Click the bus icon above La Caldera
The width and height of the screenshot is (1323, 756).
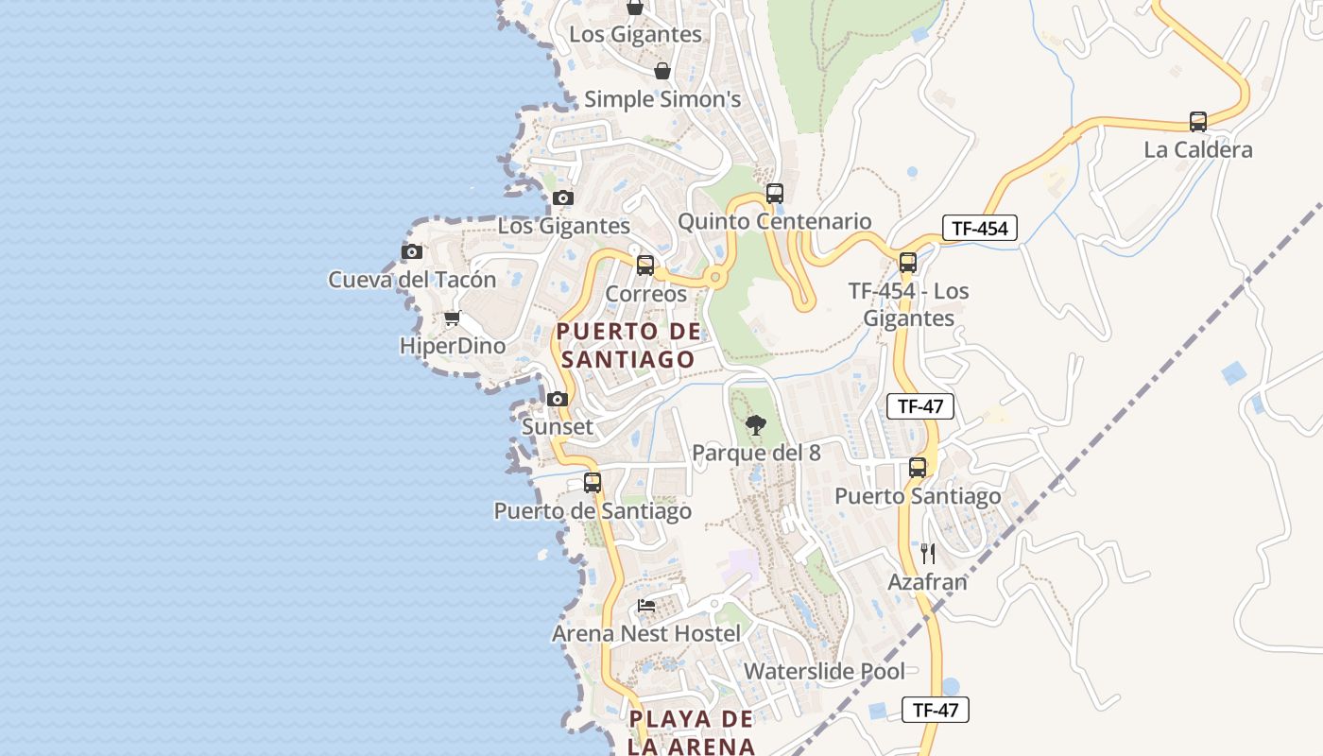1197,122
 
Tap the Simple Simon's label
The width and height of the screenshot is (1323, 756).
661,99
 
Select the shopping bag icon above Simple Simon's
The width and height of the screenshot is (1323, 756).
662,71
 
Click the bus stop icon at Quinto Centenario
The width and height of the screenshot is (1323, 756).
775,194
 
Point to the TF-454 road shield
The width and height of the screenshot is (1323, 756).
979,228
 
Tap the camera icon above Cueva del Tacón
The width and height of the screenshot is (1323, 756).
411,251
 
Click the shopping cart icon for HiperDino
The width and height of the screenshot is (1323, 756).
452,318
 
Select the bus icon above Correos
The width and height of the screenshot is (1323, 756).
645,266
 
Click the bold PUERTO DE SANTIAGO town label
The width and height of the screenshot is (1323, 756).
628,345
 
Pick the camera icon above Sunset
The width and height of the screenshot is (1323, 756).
558,399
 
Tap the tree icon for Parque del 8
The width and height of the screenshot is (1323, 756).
755,425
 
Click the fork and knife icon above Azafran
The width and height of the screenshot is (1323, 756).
927,554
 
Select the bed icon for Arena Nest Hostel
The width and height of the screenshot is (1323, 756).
646,606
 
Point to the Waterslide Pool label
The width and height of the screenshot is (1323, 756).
824,672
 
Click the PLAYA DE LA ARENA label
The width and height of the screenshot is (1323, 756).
693,731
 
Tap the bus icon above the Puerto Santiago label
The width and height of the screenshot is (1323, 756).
917,468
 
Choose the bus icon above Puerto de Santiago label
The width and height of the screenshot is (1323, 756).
593,483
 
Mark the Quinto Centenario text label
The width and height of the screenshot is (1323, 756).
775,222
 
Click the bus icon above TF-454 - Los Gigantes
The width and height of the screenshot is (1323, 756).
907,263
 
